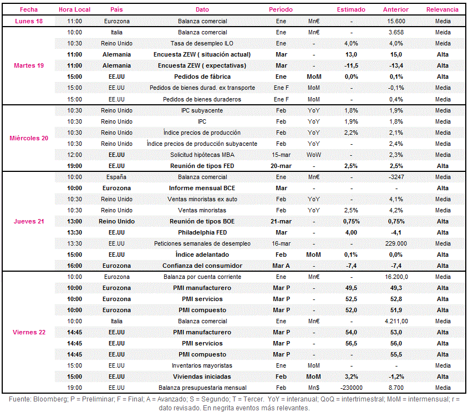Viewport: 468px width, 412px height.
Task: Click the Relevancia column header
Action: (x=442, y=9)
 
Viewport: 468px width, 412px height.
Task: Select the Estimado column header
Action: (x=351, y=9)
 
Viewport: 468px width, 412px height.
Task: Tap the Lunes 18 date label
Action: (x=29, y=21)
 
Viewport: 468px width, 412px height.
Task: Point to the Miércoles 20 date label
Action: (x=29, y=138)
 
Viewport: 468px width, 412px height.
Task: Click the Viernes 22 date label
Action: (x=29, y=332)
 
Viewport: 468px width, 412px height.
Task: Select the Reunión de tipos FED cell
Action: (x=202, y=166)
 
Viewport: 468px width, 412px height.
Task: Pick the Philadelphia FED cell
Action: (x=202, y=232)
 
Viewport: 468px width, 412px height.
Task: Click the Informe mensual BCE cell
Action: (x=202, y=188)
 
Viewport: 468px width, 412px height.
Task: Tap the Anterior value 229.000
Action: (x=396, y=243)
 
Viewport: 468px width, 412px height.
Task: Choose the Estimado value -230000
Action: (x=352, y=388)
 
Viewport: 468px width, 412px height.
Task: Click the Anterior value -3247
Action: (x=396, y=177)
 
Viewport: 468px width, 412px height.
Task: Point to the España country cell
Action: (x=116, y=177)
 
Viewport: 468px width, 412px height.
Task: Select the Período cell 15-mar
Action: (x=281, y=155)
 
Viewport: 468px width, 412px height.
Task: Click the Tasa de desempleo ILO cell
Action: (x=202, y=44)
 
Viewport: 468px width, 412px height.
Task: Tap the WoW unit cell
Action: (x=314, y=155)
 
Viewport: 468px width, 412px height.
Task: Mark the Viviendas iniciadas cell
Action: (x=202, y=377)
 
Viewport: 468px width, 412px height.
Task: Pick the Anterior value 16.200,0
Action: (x=396, y=277)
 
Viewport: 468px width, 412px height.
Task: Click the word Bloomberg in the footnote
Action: (x=50, y=399)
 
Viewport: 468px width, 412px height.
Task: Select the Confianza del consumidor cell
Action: (x=202, y=266)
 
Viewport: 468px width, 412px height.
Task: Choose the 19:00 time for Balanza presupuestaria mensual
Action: (x=74, y=388)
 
